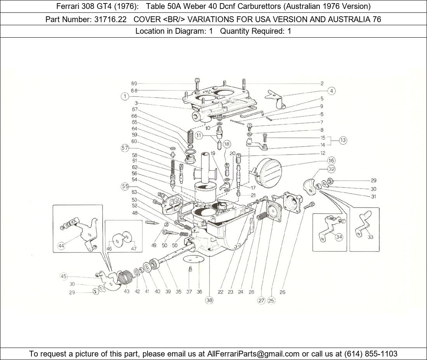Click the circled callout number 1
pyautogui.click(x=125, y=97)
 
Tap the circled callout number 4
pyautogui.click(x=331, y=91)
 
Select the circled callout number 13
pyautogui.click(x=343, y=140)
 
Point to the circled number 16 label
pyautogui.click(x=331, y=161)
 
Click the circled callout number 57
pyautogui.click(x=125, y=148)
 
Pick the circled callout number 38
pyautogui.click(x=209, y=300)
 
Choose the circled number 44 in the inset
pyautogui.click(x=61, y=246)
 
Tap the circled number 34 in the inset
pyautogui.click(x=339, y=237)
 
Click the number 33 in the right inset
pyautogui.click(x=370, y=237)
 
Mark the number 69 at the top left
pyautogui.click(x=134, y=83)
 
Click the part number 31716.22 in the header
pyautogui.click(x=110, y=19)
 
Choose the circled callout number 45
pyautogui.click(x=64, y=276)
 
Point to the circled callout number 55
pyautogui.click(x=125, y=186)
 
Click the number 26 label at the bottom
pyautogui.click(x=282, y=292)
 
